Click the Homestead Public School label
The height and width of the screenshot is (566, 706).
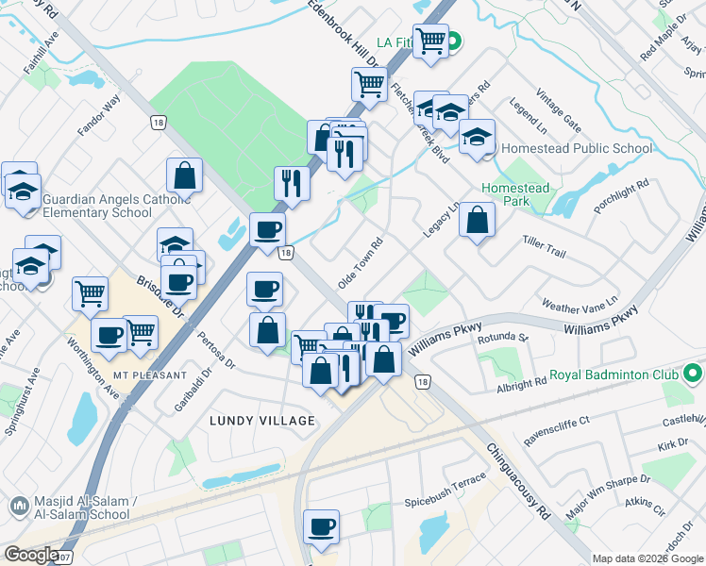click(x=577, y=148)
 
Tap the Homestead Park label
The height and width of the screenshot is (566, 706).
click(x=514, y=195)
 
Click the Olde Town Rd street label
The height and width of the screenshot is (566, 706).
click(x=361, y=262)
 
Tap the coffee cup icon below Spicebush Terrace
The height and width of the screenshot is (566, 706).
click(x=321, y=527)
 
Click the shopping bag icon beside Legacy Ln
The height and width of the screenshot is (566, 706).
click(x=478, y=221)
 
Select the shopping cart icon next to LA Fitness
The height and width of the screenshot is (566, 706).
click(x=430, y=42)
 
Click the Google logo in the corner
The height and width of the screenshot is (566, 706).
click(x=31, y=555)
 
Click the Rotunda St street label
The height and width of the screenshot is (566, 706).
click(x=502, y=337)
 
